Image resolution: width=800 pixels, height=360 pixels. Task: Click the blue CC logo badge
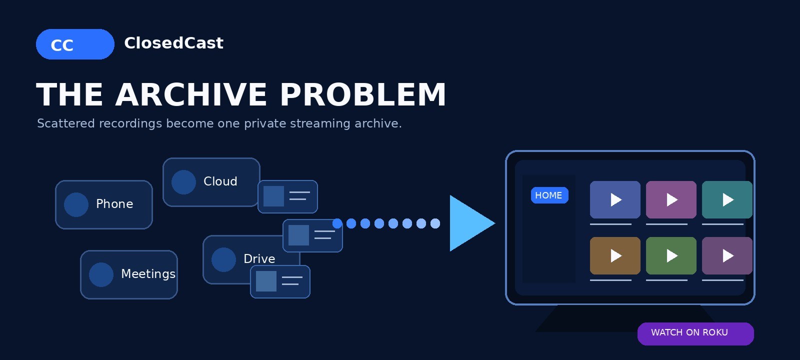tap(75, 44)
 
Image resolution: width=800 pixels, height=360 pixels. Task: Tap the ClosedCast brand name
tap(173, 43)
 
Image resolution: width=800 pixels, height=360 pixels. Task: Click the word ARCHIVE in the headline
tap(191, 94)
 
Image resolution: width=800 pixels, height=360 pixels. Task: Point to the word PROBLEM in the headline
tap(363, 94)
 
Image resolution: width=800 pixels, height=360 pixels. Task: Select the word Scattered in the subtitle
tap(66, 123)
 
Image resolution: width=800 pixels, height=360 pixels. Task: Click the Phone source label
tap(114, 204)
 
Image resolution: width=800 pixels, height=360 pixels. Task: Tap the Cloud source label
tap(220, 181)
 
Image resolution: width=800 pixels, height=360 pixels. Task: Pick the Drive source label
tap(259, 259)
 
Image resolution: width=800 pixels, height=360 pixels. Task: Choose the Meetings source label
tap(148, 274)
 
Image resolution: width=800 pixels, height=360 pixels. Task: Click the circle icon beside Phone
tap(76, 204)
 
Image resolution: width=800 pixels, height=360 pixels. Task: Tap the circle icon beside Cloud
tap(183, 182)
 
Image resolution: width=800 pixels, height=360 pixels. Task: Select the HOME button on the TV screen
tap(549, 195)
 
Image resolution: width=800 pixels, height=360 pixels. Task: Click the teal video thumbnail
tap(727, 199)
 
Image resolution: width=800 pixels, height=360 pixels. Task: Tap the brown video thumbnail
tap(615, 255)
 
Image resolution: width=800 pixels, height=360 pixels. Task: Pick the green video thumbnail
tap(671, 255)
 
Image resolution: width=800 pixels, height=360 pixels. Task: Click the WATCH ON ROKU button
tap(695, 334)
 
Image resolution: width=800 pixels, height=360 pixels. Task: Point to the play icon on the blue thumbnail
tap(615, 199)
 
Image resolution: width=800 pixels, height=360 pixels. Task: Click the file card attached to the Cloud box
tap(287, 197)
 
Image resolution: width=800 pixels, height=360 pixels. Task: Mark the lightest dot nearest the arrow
tap(435, 223)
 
